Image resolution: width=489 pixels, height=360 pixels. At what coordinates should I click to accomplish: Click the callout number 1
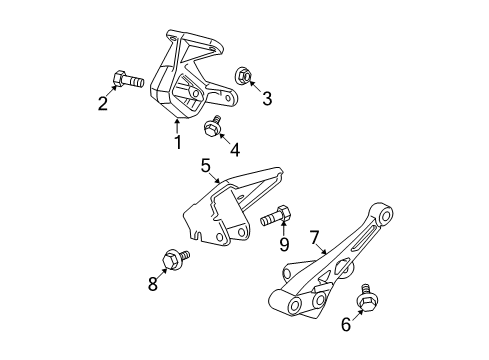point(177,142)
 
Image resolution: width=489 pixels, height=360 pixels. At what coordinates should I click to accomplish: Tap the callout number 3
point(266,98)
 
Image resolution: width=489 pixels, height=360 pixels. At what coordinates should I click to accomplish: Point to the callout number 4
point(234,150)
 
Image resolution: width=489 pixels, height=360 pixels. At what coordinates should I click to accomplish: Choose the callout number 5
point(205,166)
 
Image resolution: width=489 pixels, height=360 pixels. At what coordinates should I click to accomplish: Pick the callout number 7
point(314,238)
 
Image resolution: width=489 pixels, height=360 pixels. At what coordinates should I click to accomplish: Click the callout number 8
point(153,284)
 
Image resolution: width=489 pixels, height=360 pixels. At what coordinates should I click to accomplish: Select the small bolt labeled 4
point(212,125)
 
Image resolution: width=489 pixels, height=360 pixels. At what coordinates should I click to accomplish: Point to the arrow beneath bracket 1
point(177,124)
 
